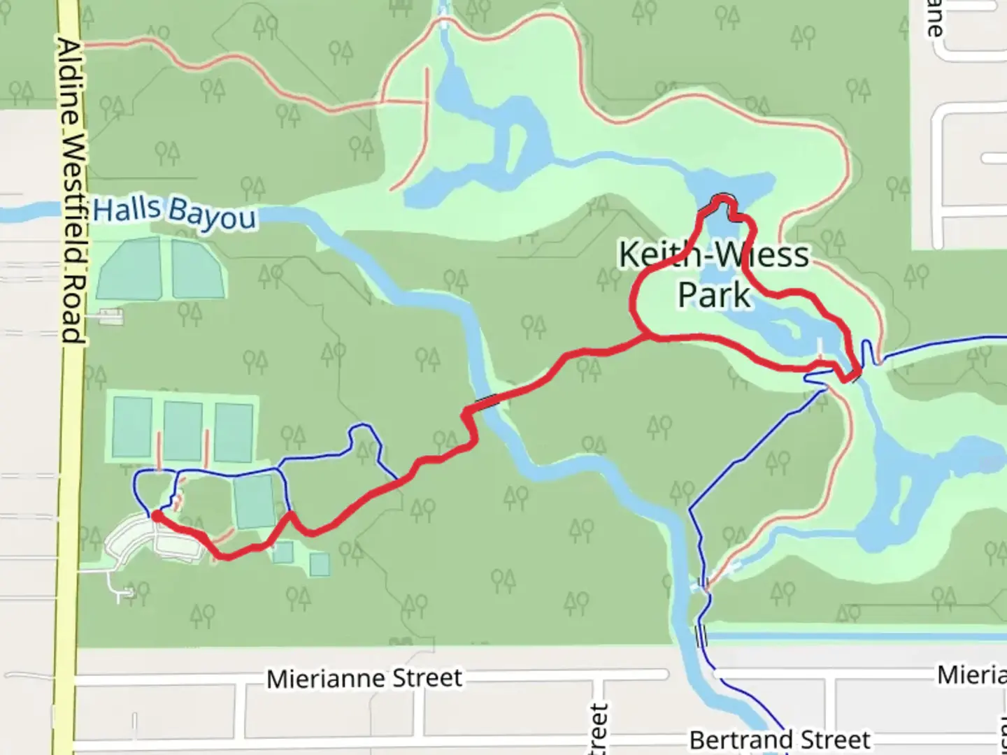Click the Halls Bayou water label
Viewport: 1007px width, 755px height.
click(x=175, y=213)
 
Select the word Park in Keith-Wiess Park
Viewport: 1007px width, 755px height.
click(x=714, y=294)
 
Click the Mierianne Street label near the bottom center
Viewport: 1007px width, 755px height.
click(x=364, y=678)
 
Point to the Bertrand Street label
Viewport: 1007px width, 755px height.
click(x=780, y=740)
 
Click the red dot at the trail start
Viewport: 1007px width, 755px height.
click(x=157, y=516)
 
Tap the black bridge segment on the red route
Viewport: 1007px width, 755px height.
click(x=487, y=401)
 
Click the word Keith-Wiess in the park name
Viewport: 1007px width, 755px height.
click(x=714, y=255)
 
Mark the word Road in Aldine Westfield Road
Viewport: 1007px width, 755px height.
click(x=71, y=308)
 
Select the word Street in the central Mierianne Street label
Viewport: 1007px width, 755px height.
click(x=427, y=677)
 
